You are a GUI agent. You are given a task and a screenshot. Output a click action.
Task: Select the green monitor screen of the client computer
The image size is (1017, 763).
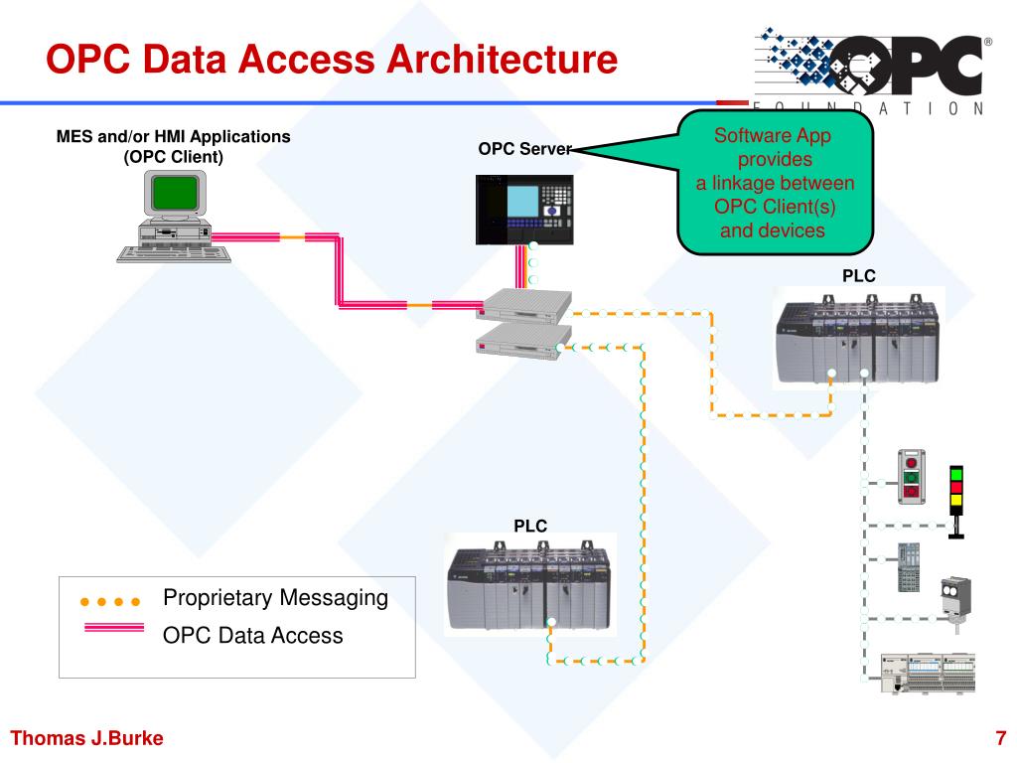coord(175,194)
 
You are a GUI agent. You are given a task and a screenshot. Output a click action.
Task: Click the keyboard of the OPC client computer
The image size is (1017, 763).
coord(174,253)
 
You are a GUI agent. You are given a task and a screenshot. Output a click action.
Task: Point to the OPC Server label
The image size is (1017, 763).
coord(525,149)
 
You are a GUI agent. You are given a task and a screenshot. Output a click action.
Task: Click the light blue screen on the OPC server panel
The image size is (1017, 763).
coord(522,201)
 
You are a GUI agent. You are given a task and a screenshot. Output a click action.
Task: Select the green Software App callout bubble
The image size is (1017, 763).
coord(775,183)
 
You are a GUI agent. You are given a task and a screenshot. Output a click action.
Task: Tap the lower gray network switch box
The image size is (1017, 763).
coord(524,342)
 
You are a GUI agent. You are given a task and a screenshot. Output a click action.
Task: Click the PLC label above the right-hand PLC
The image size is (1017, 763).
coord(859,276)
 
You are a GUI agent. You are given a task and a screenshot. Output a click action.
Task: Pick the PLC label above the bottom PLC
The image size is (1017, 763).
coord(530,526)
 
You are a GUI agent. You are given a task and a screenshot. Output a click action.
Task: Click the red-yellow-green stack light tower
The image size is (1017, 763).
coord(956,502)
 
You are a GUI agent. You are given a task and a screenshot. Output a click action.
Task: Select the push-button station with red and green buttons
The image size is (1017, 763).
coord(912,477)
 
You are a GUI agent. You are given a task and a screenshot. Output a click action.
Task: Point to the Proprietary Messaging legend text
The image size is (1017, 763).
coord(276,598)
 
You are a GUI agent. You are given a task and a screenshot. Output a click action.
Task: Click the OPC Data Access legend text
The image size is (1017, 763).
coord(253,635)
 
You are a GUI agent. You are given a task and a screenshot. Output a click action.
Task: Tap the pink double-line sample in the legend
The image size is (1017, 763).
coord(114,628)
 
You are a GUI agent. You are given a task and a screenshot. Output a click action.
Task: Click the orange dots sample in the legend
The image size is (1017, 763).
coord(110,601)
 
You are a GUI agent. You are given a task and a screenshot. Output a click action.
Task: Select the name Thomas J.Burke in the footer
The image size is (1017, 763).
coord(87,738)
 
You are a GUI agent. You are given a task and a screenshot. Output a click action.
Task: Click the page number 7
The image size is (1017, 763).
coord(1000,738)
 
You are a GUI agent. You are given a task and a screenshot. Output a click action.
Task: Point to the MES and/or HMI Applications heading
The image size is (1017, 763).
coord(173,136)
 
